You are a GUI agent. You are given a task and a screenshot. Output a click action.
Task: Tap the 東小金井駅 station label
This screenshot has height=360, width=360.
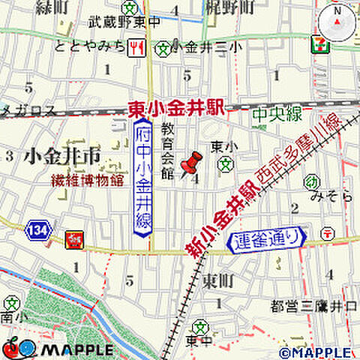pyautogui.click(x=177, y=109)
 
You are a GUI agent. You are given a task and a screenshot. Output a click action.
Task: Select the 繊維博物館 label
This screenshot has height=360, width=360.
pyautogui.click(x=76, y=180)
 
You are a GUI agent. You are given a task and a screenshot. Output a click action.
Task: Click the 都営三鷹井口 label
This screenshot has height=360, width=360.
pyautogui.click(x=313, y=305)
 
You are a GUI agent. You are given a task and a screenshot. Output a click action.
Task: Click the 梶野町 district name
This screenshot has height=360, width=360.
pyautogui.click(x=228, y=7)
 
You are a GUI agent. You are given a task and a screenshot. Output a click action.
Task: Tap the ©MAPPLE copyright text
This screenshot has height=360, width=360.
pyautogui.click(x=314, y=351)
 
